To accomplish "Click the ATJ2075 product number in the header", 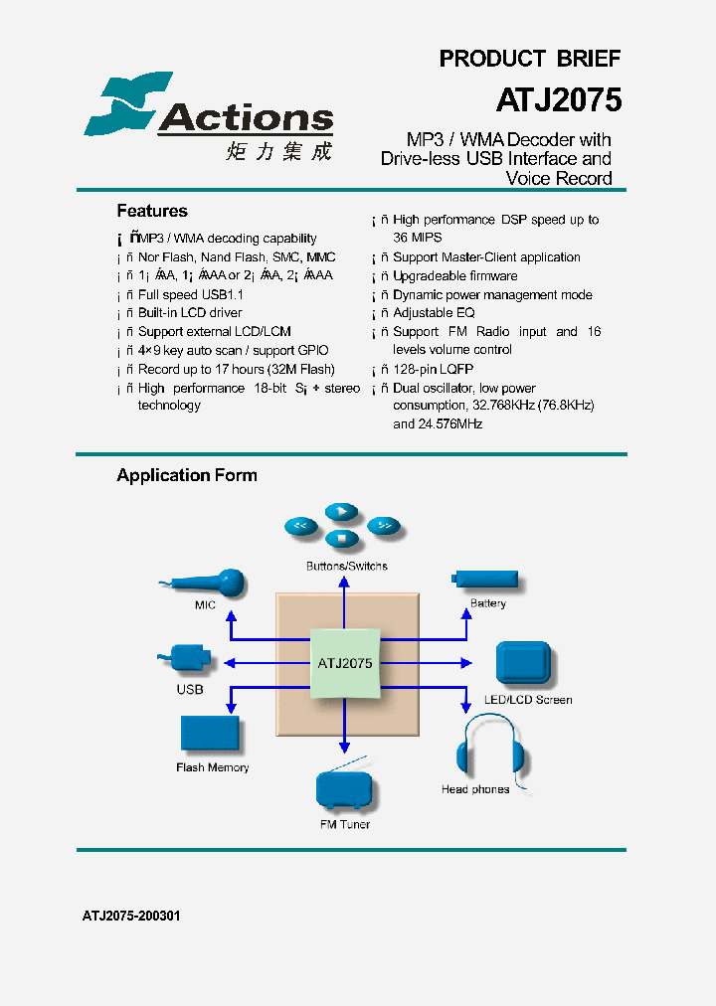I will click(x=558, y=99).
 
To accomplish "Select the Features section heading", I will click(x=152, y=211).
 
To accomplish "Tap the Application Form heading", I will click(x=187, y=475).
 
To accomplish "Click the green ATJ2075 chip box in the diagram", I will click(x=345, y=663).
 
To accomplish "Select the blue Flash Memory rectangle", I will click(x=210, y=734).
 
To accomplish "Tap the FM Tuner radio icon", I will click(x=345, y=789).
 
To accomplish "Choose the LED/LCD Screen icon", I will click(x=522, y=662).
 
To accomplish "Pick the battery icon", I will click(x=487, y=579).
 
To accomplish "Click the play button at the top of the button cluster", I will click(x=341, y=511).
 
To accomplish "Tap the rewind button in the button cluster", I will click(x=299, y=525).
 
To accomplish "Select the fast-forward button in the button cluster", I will click(x=384, y=525).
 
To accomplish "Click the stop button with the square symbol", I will click(x=341, y=539).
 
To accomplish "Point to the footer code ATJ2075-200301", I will click(x=131, y=916).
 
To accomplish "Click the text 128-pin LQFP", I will click(x=433, y=369).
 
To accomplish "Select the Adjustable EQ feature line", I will click(x=434, y=313).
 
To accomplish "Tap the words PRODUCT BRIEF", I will click(x=529, y=59).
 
